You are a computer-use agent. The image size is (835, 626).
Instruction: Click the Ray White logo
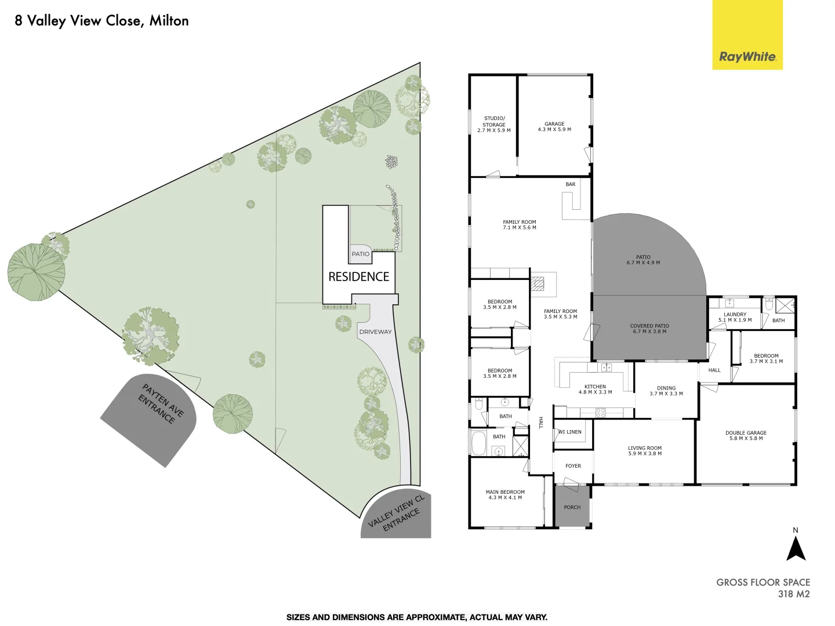pos(747,57)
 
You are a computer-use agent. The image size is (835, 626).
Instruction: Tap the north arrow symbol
pos(796,548)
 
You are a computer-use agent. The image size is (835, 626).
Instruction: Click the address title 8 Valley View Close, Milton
pos(101,21)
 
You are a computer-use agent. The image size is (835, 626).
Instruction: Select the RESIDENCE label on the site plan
pos(358,276)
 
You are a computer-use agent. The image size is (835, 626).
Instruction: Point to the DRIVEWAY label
pos(375,332)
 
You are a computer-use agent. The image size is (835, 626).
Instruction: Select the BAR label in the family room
pos(571,184)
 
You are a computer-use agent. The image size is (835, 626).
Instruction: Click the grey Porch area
pos(572,507)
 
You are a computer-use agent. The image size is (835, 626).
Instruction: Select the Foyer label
pos(573,466)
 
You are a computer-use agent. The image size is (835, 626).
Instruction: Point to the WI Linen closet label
pos(569,432)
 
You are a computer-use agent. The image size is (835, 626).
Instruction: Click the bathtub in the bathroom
pos(479,443)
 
